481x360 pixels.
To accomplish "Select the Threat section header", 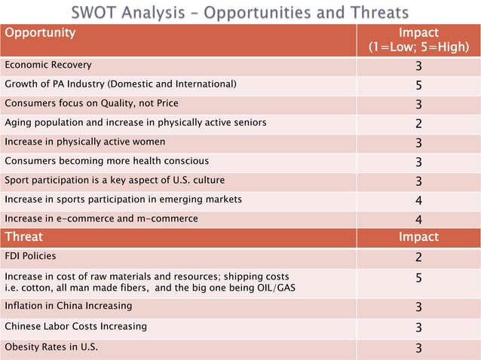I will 25,236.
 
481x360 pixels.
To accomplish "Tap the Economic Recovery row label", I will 48,65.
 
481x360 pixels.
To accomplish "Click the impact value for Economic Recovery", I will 418,66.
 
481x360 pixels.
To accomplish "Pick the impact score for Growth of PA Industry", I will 418,84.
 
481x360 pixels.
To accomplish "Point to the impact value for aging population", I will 418,123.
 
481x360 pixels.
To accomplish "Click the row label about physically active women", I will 85,141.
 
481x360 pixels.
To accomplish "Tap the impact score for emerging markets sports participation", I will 418,200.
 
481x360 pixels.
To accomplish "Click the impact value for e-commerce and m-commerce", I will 418,219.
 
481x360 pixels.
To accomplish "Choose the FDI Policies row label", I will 30,256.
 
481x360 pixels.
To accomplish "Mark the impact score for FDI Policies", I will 418,257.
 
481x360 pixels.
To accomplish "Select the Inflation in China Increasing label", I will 69,306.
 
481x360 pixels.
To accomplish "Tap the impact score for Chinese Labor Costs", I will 418,328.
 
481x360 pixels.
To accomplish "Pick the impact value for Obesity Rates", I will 418,347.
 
